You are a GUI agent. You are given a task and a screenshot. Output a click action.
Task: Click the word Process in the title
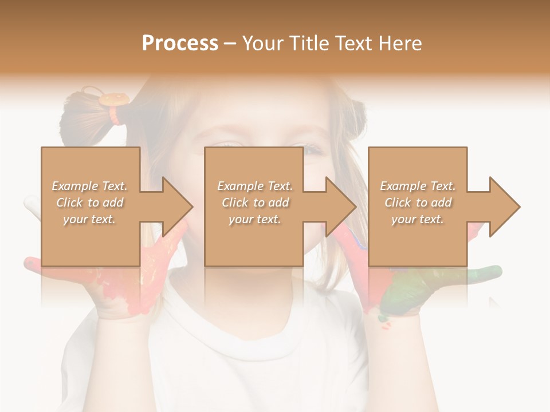coord(180,43)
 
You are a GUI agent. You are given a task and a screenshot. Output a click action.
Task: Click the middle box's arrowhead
coord(340,207)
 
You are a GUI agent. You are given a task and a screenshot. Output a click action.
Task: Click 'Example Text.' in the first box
coord(89,186)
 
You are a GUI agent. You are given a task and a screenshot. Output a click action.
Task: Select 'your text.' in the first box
coord(89,219)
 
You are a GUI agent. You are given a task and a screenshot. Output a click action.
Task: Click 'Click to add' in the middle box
coord(255,203)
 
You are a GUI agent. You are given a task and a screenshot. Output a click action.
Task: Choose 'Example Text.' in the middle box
coord(255,186)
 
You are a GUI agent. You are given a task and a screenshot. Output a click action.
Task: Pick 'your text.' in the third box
coord(418,219)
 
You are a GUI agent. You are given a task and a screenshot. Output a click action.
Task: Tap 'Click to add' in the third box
coord(418,203)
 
